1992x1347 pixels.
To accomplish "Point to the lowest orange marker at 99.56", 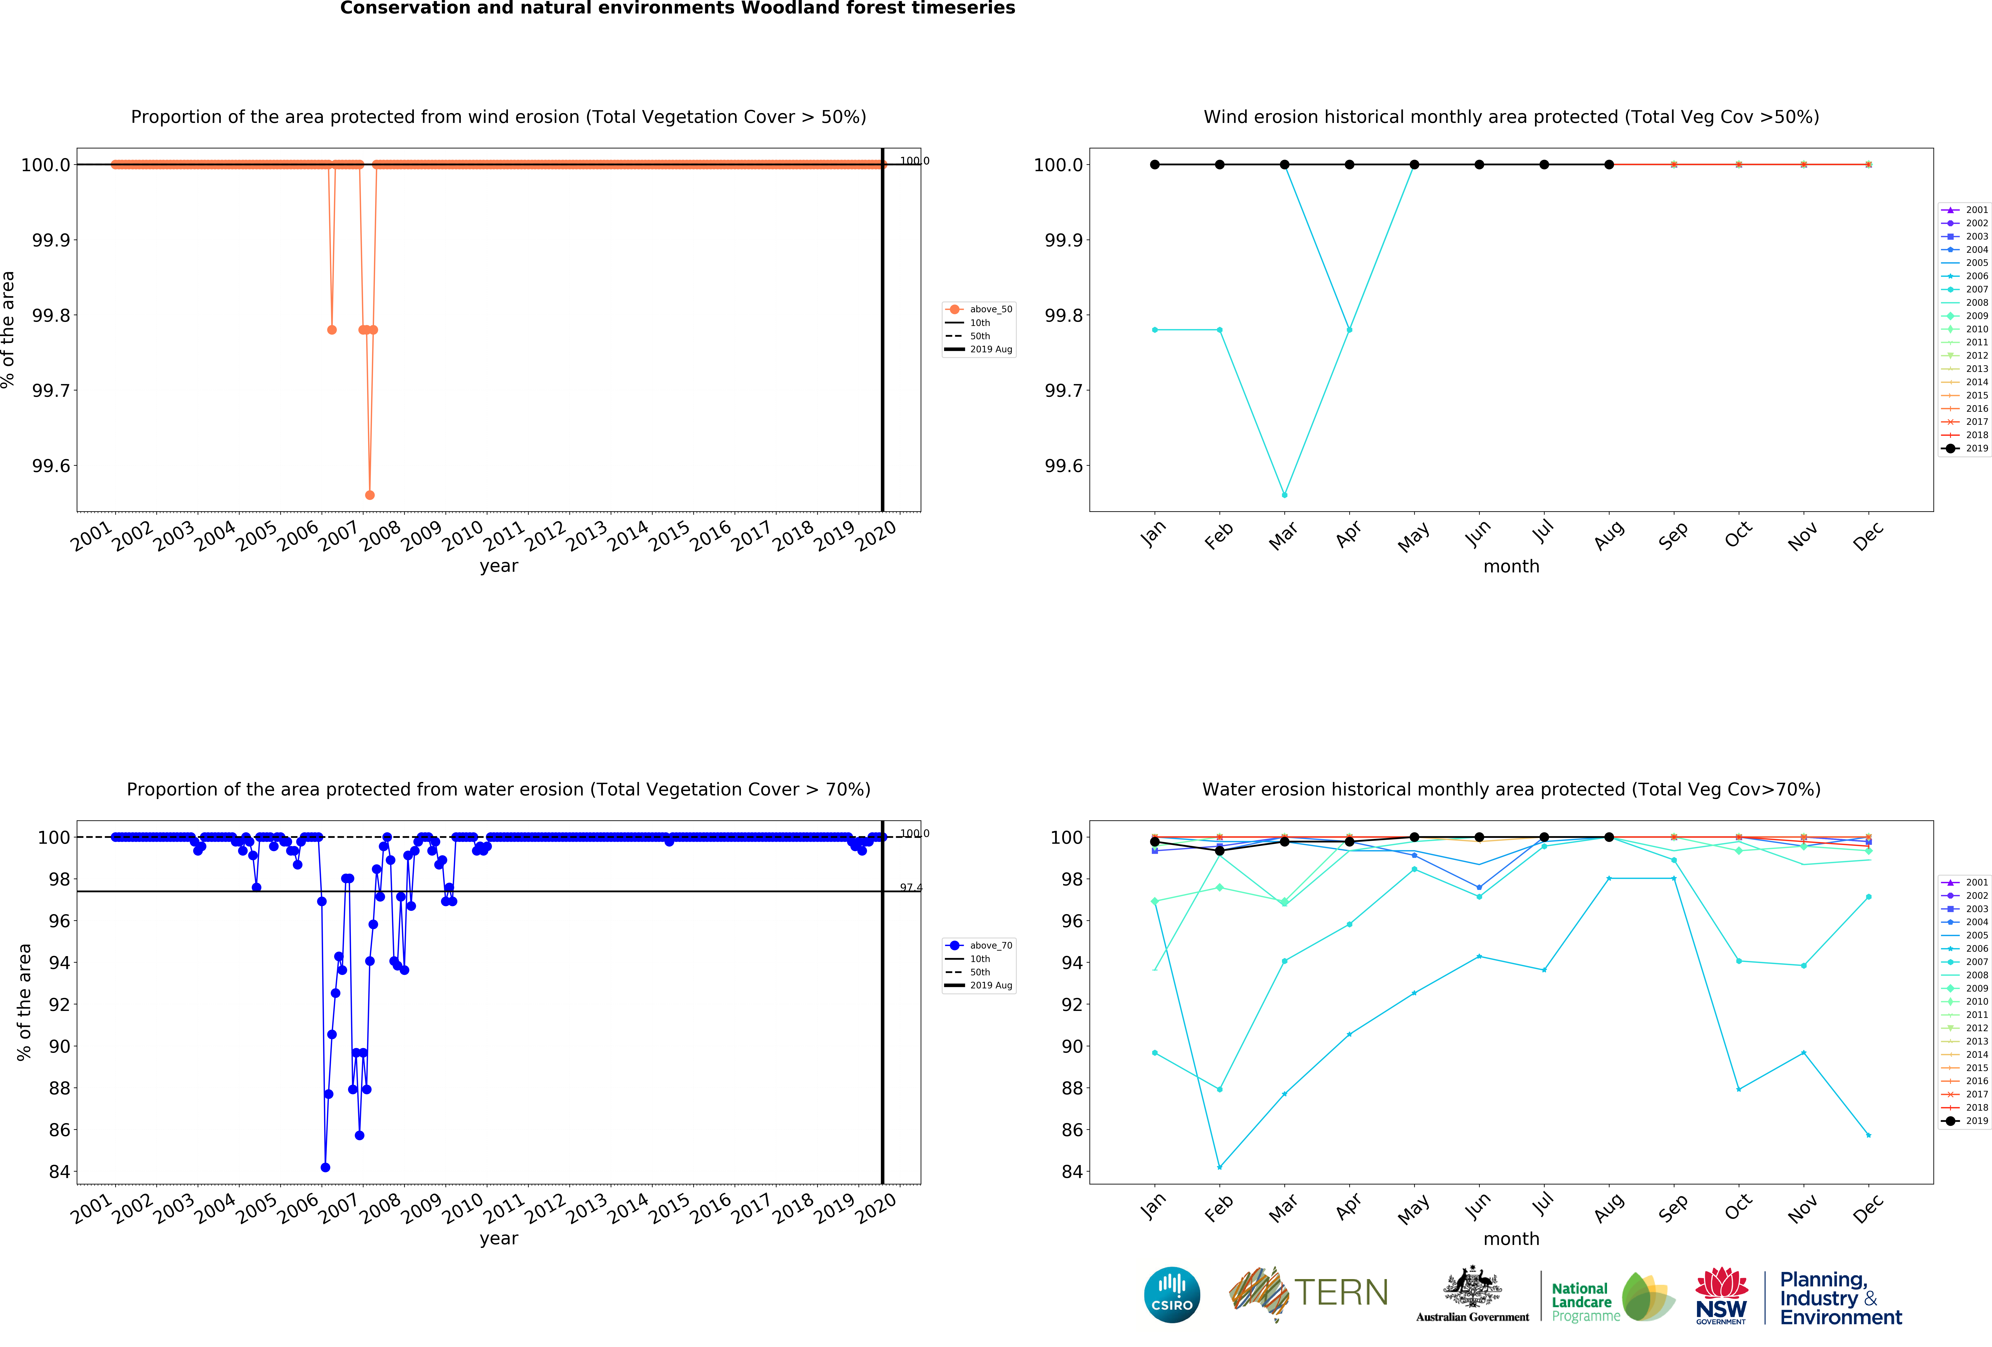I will [369, 495].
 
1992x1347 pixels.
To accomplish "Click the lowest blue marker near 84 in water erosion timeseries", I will [325, 1167].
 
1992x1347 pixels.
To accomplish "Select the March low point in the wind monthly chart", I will [1284, 495].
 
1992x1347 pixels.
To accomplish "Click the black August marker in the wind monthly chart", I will [1609, 165].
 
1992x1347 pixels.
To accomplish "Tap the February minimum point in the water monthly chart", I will [1220, 1167].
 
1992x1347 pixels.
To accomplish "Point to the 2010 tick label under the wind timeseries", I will [463, 536].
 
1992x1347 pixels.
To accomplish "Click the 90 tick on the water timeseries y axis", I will [59, 1046].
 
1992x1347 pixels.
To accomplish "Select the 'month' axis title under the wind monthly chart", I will [1511, 567].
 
